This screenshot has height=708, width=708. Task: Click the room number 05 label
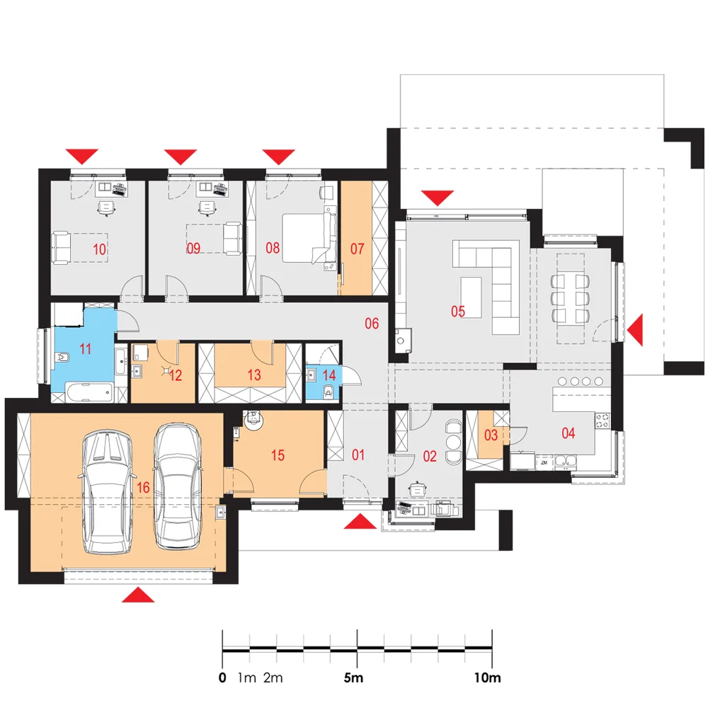(458, 311)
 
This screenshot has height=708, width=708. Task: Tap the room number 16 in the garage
(143, 487)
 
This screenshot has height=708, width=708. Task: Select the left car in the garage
(108, 492)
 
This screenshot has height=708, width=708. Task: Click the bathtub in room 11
(89, 392)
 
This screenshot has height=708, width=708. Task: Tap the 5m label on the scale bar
(353, 678)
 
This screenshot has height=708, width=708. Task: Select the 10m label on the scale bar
(487, 678)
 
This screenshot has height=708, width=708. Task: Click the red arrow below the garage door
(138, 595)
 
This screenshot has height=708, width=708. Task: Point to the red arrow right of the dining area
(635, 331)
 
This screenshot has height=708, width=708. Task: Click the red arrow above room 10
(81, 156)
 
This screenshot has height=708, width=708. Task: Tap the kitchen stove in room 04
(602, 421)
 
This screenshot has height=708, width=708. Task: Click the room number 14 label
(329, 375)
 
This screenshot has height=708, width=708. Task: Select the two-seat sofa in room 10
(62, 247)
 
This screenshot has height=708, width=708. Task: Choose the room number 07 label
(357, 249)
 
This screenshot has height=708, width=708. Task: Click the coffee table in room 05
(471, 297)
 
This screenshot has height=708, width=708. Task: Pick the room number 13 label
(254, 375)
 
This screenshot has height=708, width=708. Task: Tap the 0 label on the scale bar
(222, 678)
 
